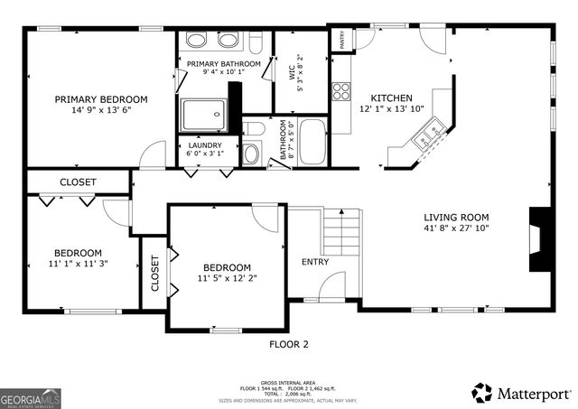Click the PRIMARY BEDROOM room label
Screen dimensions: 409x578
point(100,99)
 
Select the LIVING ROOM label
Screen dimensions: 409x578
point(456,217)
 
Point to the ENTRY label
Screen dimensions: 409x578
point(315,262)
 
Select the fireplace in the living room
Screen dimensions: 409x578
point(540,238)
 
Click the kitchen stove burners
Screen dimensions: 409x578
point(342,90)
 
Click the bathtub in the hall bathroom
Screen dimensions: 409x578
point(312,143)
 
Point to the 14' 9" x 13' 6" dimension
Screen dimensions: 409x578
point(100,112)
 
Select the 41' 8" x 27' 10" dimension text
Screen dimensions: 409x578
point(456,229)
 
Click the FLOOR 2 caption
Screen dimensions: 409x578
point(289,344)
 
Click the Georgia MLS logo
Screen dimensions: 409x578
point(29,396)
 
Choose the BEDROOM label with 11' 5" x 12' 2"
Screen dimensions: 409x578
point(226,267)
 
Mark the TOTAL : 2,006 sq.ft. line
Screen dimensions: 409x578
point(288,393)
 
